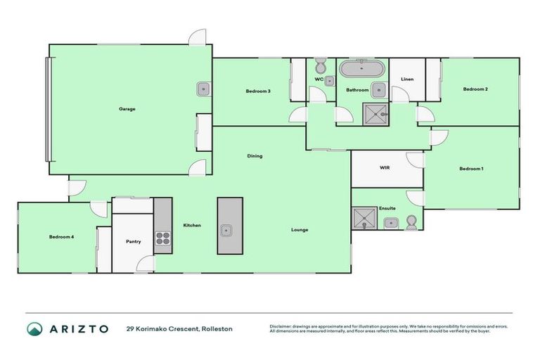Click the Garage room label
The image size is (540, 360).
click(x=127, y=109)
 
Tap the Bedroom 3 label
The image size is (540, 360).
click(x=258, y=91)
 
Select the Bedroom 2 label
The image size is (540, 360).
click(x=475, y=89)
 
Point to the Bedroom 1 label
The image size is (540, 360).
click(x=471, y=169)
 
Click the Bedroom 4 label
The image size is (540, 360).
click(x=61, y=237)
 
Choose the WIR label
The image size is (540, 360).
click(x=385, y=169)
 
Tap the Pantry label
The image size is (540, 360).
click(x=134, y=242)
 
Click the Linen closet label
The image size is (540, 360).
click(x=407, y=79)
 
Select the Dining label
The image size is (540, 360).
click(x=255, y=156)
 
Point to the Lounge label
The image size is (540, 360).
click(x=300, y=230)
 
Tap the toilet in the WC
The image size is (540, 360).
click(x=320, y=67)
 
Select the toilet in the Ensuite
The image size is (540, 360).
click(x=412, y=223)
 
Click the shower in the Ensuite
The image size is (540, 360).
click(x=365, y=219)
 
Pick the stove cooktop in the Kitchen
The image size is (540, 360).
click(x=162, y=242)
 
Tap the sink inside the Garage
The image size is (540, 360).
click(x=202, y=89)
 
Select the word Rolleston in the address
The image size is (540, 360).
click(x=217, y=328)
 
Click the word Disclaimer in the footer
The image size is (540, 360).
click(x=281, y=326)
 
